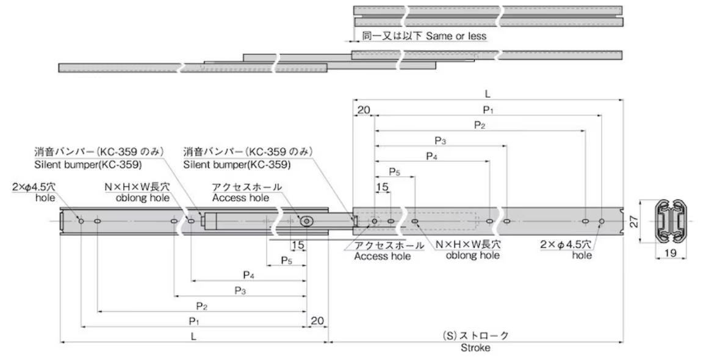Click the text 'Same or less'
point(456,36)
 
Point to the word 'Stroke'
point(475,348)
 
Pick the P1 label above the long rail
point(488,110)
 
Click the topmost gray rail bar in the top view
point(488,10)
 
